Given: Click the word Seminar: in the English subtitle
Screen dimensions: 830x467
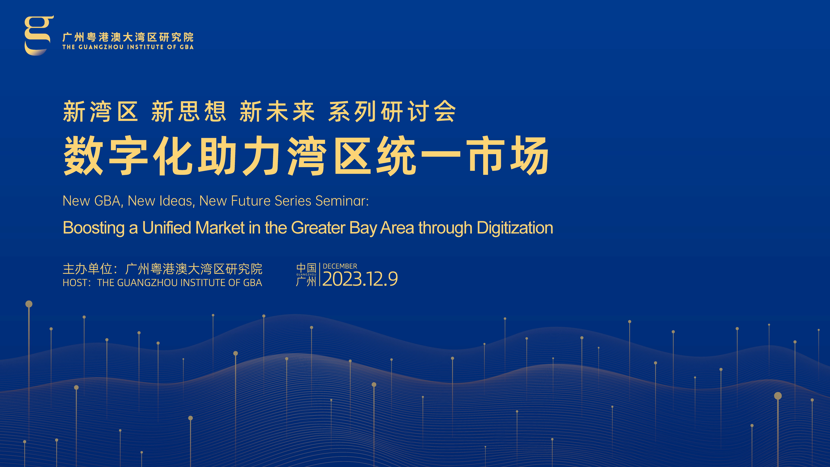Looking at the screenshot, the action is pyautogui.click(x=342, y=201).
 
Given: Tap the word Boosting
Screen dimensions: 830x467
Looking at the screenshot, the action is pyautogui.click(x=94, y=228).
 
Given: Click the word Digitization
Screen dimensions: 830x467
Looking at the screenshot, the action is pyautogui.click(x=515, y=228).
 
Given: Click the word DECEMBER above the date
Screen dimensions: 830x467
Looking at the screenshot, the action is pyautogui.click(x=340, y=266).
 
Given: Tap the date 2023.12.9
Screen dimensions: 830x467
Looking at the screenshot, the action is pyautogui.click(x=360, y=279).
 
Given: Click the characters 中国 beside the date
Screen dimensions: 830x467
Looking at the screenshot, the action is pyautogui.click(x=306, y=268).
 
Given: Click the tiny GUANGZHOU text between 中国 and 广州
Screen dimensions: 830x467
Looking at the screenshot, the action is pyautogui.click(x=306, y=275).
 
